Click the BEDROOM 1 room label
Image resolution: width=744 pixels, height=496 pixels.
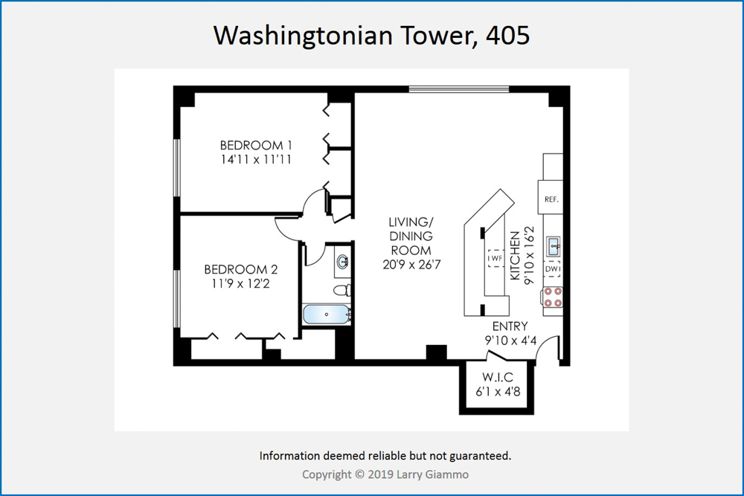pyautogui.click(x=256, y=145)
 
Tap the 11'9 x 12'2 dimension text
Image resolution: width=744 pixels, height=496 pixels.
pyautogui.click(x=240, y=283)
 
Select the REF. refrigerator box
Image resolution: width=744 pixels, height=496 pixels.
pyautogui.click(x=551, y=197)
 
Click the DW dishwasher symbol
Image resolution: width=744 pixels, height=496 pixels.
pyautogui.click(x=552, y=269)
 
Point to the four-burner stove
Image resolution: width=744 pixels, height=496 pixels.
pyautogui.click(x=553, y=297)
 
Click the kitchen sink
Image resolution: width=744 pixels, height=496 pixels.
pyautogui.click(x=554, y=247)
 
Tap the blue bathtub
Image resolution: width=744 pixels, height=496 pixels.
pyautogui.click(x=327, y=315)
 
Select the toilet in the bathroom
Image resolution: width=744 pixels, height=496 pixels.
pyautogui.click(x=342, y=290)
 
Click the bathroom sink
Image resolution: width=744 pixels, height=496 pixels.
pyautogui.click(x=342, y=261)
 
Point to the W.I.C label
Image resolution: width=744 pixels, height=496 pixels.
pyautogui.click(x=498, y=378)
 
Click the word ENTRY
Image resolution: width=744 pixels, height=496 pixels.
pyautogui.click(x=510, y=326)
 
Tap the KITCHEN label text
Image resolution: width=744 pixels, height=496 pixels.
pyautogui.click(x=515, y=256)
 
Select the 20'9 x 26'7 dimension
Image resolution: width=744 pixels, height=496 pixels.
pyautogui.click(x=411, y=265)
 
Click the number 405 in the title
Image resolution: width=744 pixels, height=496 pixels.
pyautogui.click(x=507, y=35)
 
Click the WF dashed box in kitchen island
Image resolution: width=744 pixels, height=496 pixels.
pyautogui.click(x=496, y=259)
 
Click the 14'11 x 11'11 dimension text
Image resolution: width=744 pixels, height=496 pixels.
pyautogui.click(x=256, y=159)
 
